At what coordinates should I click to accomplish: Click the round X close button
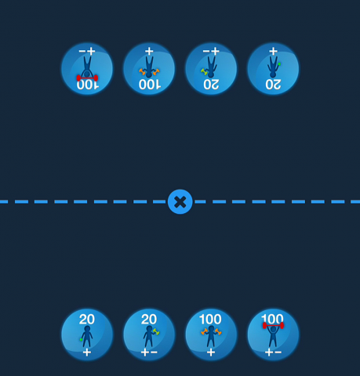[180, 201]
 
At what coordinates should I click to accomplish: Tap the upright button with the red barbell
[273, 334]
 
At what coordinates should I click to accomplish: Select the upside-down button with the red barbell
[87, 69]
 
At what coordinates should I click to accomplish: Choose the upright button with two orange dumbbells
[211, 334]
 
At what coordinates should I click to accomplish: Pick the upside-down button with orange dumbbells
[149, 69]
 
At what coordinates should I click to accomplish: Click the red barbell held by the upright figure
[273, 325]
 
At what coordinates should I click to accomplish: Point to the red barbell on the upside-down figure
[87, 78]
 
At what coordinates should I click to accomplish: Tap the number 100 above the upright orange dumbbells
[210, 319]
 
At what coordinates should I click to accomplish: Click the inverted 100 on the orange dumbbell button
[150, 85]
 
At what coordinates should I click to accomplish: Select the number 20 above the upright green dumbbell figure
[149, 319]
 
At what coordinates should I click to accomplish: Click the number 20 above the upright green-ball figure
[87, 319]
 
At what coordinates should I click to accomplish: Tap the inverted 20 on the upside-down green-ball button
[273, 85]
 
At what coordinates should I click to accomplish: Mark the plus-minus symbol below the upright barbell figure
[273, 352]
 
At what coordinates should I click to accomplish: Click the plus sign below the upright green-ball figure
[87, 352]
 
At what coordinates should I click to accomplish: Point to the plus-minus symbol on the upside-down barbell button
[87, 51]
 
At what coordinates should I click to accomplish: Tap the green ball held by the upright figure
[81, 340]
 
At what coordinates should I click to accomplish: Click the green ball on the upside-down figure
[279, 64]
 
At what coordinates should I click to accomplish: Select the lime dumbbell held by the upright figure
[156, 331]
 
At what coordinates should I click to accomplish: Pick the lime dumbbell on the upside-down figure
[204, 71]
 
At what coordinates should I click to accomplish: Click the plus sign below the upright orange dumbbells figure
[211, 352]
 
